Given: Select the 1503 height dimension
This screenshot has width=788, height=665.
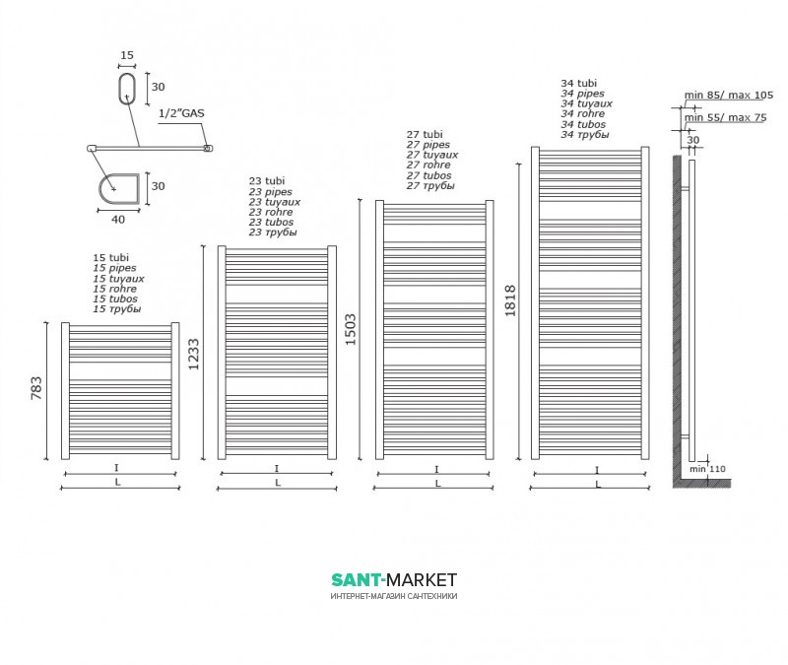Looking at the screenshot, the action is tap(352, 327).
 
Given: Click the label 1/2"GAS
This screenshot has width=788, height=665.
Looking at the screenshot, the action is tap(181, 114).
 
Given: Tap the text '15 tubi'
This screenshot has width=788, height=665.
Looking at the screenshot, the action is tap(111, 257).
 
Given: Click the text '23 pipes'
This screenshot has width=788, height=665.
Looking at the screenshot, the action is tap(270, 192).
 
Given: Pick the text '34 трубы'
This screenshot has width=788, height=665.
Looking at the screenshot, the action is tap(585, 135).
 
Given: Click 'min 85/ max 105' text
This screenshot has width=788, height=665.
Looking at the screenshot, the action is tap(729, 95).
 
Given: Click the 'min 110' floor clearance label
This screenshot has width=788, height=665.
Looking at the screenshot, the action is tap(707, 468).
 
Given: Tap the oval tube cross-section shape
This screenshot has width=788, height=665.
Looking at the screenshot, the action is tap(126, 87).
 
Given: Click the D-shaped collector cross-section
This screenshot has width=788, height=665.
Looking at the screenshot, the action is tap(121, 187).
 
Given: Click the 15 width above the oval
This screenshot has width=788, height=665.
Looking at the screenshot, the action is tap(126, 56).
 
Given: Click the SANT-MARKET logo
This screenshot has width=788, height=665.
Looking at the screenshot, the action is tap(393, 581).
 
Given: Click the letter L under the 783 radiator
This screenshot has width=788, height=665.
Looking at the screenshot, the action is tap(118, 483).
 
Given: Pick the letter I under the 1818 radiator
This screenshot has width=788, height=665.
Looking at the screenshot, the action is tap(597, 469).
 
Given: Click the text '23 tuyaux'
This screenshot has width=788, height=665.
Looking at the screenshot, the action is tap(275, 202).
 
